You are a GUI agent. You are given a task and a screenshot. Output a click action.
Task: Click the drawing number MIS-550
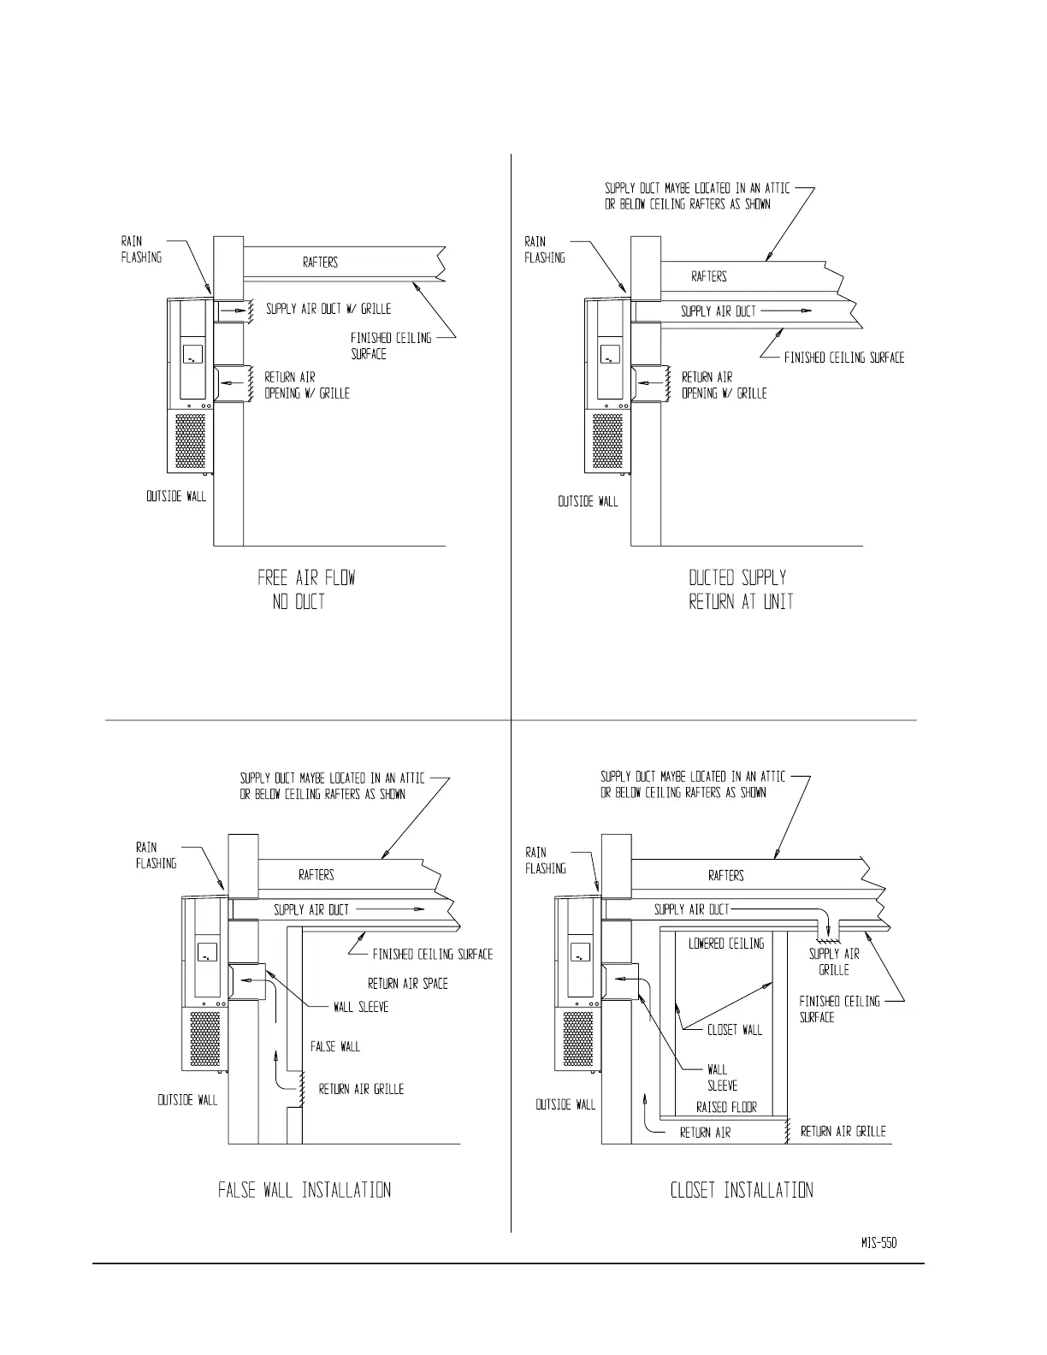(x=878, y=1243)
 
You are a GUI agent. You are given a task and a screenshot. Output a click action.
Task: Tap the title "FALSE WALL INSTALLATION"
(x=305, y=1190)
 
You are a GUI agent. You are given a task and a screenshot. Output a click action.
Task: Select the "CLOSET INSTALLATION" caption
(x=742, y=1190)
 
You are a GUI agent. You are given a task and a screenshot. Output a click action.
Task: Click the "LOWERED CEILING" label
(x=726, y=944)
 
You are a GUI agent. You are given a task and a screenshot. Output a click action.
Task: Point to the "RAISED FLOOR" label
(x=726, y=1107)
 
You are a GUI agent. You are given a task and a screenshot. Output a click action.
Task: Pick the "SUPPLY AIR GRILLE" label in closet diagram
(x=834, y=962)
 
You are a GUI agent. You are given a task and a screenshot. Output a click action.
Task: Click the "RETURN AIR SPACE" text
(x=408, y=984)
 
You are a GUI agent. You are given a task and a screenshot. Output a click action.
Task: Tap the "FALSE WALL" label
(x=335, y=1046)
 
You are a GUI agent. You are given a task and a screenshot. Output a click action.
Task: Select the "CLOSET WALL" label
(x=735, y=1030)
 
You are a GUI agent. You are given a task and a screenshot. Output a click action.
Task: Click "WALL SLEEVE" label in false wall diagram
(x=361, y=1007)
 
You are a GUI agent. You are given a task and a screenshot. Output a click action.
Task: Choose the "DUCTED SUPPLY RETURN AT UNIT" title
(x=741, y=589)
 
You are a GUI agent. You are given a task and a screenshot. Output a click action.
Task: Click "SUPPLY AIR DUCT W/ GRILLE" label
(x=328, y=309)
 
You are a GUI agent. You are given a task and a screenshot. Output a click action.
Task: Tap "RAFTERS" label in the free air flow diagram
(x=320, y=263)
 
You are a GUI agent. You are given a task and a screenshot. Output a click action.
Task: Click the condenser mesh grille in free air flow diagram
(x=191, y=441)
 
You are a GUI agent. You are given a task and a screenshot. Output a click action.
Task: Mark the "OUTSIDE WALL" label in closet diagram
(x=565, y=1104)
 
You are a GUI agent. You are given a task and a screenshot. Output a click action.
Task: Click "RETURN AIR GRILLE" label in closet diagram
(x=843, y=1131)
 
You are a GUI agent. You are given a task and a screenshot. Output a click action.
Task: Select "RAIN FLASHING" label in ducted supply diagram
(x=545, y=249)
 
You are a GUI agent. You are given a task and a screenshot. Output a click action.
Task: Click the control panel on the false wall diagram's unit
(x=208, y=951)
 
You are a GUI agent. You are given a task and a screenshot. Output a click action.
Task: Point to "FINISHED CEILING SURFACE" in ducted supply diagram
(x=844, y=358)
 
